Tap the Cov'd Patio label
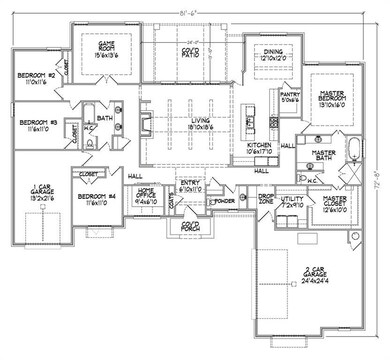coord(190,53)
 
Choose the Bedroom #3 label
coord(36,126)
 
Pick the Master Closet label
coord(334,204)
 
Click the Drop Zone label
coord(266,199)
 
